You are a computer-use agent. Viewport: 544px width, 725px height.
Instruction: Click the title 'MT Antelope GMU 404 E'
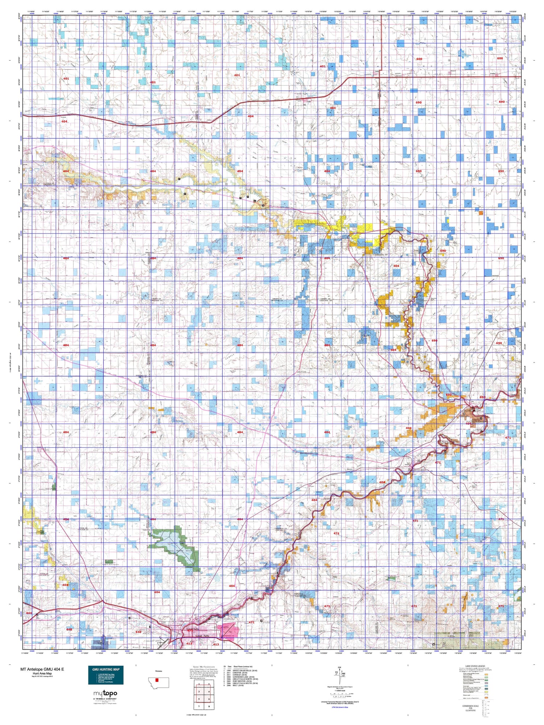click(x=42, y=669)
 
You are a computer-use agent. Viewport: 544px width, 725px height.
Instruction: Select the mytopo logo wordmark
click(x=106, y=693)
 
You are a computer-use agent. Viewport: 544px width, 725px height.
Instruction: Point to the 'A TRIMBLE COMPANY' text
click(x=106, y=699)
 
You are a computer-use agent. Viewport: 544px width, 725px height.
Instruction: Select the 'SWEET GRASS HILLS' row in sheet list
click(x=245, y=671)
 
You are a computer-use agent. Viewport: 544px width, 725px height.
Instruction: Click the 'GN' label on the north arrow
click(x=339, y=668)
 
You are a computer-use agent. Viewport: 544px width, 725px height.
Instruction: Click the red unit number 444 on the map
click(x=29, y=613)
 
